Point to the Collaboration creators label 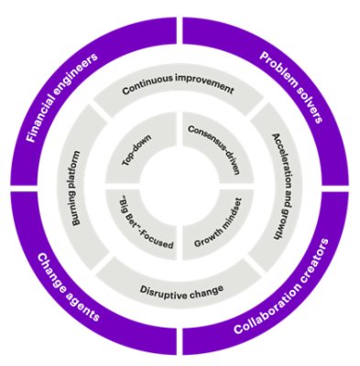tap(284, 296)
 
